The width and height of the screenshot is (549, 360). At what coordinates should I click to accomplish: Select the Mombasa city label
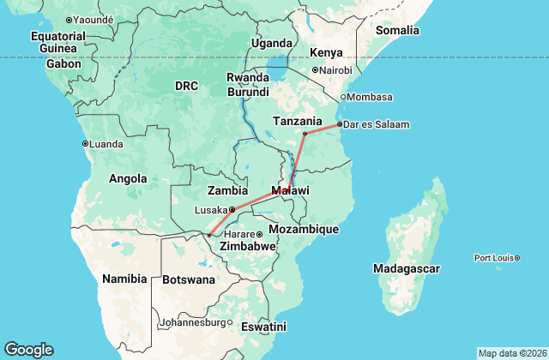[x=371, y=97]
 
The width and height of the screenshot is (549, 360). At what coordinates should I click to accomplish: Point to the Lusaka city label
[x=211, y=209]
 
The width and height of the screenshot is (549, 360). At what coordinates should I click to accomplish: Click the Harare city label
[x=240, y=234]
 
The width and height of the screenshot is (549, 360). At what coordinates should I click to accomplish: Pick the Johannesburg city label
[x=193, y=323]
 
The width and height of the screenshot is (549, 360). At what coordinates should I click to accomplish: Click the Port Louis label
[x=496, y=257]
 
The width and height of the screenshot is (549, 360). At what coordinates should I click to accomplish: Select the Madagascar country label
[x=407, y=269]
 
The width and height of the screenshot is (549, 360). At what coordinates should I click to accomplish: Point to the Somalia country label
[x=397, y=31]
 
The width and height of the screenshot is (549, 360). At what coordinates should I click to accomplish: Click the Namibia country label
[x=125, y=279]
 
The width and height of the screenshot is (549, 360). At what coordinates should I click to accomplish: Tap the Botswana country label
[x=189, y=279]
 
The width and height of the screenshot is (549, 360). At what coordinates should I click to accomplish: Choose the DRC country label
[x=186, y=86]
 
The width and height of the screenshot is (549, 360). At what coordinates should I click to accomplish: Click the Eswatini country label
[x=263, y=327]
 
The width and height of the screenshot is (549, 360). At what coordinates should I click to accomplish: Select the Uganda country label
[x=271, y=43]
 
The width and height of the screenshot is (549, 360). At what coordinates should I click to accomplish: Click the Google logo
[x=28, y=350]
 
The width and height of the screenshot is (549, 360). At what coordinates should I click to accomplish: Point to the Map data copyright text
[x=511, y=353]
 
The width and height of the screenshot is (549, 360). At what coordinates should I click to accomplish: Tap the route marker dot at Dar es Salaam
[x=340, y=124]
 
